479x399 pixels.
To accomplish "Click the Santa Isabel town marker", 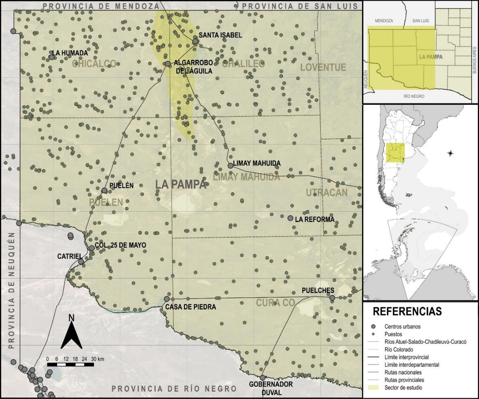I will (196, 41).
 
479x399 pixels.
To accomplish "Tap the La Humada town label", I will (71, 53).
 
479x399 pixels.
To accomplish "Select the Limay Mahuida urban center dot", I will (231, 165).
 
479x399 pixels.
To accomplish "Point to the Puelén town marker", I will (105, 190).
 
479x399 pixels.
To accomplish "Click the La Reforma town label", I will (315, 219).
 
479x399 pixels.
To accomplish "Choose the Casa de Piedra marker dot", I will (167, 299).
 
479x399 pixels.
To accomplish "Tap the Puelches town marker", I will (332, 297).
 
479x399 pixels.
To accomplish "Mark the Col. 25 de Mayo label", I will (120, 245).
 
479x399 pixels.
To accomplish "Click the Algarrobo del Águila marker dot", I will (168, 64).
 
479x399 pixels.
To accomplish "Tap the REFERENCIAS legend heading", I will (407, 311).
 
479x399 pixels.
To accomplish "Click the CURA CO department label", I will (276, 303).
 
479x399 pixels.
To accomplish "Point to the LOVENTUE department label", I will (323, 67).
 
